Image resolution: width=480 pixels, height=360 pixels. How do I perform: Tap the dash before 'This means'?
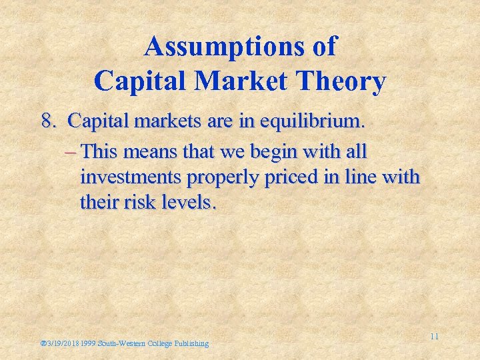coord(72,152)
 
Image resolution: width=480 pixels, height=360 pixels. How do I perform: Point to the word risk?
coord(139,201)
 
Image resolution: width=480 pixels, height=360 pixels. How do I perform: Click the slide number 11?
coord(434,336)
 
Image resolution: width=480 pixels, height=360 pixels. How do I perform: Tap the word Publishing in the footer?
coord(191,343)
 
